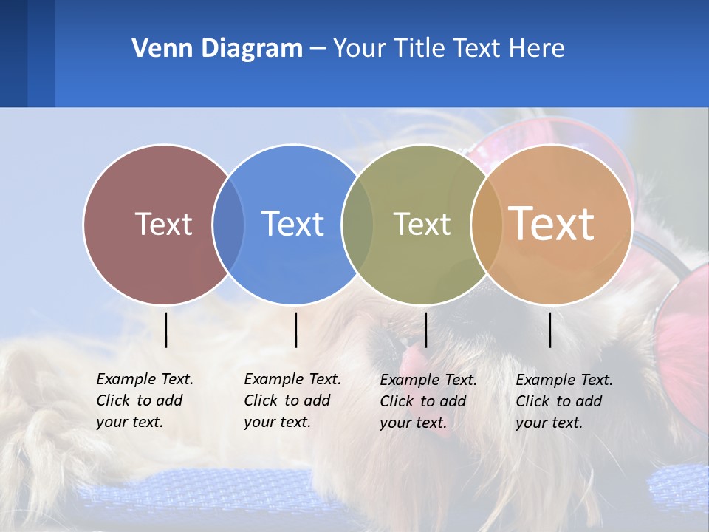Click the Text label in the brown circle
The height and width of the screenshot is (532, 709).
[x=163, y=224]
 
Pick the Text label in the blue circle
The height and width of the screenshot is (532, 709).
[x=292, y=224]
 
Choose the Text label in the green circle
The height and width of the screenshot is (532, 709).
[x=422, y=224]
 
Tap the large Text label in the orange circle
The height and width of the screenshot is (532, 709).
[x=552, y=223]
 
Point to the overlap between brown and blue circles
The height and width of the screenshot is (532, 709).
[x=228, y=224]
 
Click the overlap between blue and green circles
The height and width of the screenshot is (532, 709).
[x=357, y=224]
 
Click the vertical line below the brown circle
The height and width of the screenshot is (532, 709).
[x=166, y=330]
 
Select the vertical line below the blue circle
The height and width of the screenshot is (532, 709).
[x=295, y=330]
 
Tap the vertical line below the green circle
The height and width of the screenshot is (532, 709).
[x=426, y=330]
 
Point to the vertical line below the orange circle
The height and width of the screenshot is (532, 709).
[x=550, y=330]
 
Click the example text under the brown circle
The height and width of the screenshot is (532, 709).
[x=145, y=400]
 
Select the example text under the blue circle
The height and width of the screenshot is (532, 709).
[x=292, y=400]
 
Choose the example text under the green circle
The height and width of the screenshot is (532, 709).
[x=428, y=401]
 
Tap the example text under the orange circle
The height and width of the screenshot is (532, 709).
[x=564, y=401]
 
